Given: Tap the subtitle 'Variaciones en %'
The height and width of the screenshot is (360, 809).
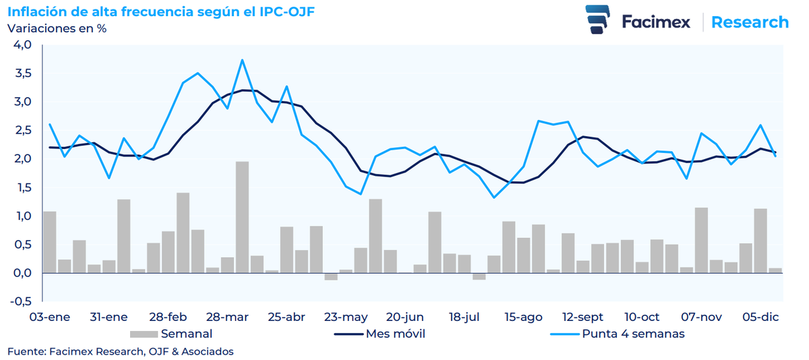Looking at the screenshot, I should click(x=57, y=28).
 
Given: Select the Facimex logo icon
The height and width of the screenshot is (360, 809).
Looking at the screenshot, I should click(x=598, y=20).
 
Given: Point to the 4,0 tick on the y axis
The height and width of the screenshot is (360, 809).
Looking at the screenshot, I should click(x=22, y=44).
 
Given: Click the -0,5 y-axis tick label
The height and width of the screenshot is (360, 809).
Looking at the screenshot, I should click(x=21, y=302).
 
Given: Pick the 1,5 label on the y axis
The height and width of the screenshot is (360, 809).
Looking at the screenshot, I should click(x=22, y=188).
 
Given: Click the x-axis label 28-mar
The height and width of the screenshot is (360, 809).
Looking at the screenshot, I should click(x=227, y=318).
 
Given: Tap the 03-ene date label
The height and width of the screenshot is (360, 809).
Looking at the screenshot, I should click(x=49, y=318).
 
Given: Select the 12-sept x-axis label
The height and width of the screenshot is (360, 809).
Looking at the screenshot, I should click(x=583, y=318).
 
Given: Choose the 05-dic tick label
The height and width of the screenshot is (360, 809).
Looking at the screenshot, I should click(x=760, y=318).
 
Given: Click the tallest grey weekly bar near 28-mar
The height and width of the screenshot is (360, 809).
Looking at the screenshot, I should click(x=242, y=216).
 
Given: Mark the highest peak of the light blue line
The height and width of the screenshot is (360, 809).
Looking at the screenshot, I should click(x=242, y=60).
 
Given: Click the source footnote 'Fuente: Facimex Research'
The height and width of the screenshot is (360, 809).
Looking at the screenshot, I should click(x=121, y=351).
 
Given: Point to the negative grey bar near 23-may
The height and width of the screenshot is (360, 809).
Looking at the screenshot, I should click(x=331, y=276).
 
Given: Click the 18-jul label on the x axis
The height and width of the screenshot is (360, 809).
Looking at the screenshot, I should click(x=465, y=318).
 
